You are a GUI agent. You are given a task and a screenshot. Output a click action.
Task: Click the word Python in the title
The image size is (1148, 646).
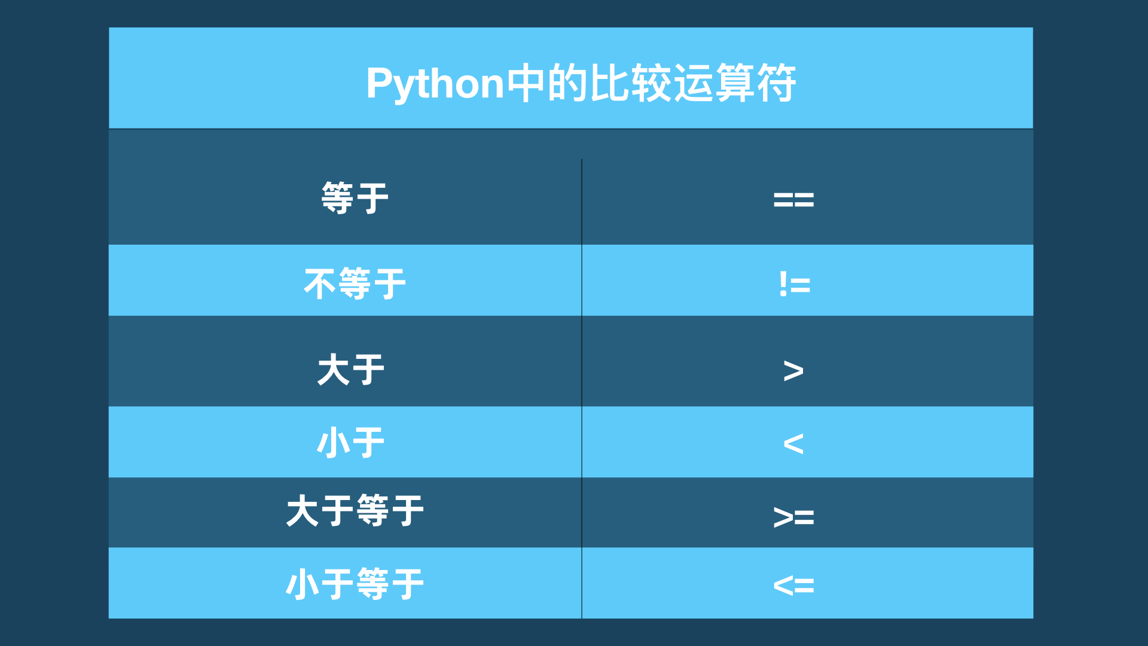point(435,84)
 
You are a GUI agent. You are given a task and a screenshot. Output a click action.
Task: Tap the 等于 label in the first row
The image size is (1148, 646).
point(355,198)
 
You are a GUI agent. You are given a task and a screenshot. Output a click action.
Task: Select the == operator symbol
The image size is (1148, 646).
point(793,200)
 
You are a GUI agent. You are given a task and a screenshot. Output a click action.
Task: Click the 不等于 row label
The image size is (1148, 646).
point(355,284)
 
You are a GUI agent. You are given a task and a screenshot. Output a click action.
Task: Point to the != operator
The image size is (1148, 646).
point(795,284)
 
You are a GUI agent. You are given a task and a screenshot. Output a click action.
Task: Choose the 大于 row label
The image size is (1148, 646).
point(351,369)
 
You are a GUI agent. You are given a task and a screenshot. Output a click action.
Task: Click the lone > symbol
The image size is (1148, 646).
point(793,371)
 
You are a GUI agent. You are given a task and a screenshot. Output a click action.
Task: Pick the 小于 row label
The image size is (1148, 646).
point(351,443)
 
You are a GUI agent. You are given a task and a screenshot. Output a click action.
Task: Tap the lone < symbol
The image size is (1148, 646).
point(793,444)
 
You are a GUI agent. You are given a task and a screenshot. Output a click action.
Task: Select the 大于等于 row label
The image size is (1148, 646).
point(355,511)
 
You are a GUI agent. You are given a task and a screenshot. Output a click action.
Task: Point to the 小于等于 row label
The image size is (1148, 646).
point(355,584)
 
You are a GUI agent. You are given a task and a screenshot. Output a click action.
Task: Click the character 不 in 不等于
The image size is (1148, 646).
point(320,284)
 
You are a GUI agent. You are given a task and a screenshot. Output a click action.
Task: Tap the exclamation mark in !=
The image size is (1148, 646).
point(783,284)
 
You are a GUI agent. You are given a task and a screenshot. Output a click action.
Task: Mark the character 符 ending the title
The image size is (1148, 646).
point(777,83)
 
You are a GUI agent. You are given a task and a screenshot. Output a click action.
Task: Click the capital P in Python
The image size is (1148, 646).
point(380,83)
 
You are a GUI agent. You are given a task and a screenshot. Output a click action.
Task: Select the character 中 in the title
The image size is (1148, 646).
point(526,83)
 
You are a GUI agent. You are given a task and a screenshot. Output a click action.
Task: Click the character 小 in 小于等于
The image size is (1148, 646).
point(303,584)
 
